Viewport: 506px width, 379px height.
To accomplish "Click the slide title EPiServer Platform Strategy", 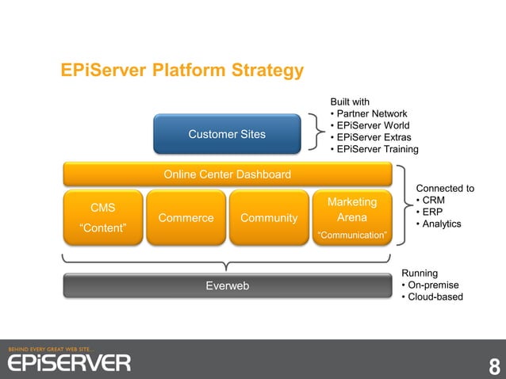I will [x=182, y=71].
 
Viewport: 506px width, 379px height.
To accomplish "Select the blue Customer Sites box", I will [x=227, y=134].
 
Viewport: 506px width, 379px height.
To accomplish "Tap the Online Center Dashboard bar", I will [x=227, y=174].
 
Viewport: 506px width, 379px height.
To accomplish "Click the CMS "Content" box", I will [x=102, y=218].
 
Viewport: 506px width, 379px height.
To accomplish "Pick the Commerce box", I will [x=186, y=218].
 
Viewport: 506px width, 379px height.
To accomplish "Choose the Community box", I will [x=269, y=218].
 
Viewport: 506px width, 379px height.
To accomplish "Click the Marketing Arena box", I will [x=351, y=218].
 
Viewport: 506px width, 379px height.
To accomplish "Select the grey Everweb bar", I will [x=227, y=285].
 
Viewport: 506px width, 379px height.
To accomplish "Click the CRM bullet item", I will [x=433, y=201].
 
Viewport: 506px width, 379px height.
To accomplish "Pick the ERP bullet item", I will [x=432, y=212].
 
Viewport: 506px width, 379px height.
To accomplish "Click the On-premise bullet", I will [x=433, y=285].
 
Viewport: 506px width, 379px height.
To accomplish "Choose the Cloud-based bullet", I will [x=435, y=297].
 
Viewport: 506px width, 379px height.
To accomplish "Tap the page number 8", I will [x=494, y=367].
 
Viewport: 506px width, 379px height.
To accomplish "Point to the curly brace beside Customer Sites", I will [x=315, y=132].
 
